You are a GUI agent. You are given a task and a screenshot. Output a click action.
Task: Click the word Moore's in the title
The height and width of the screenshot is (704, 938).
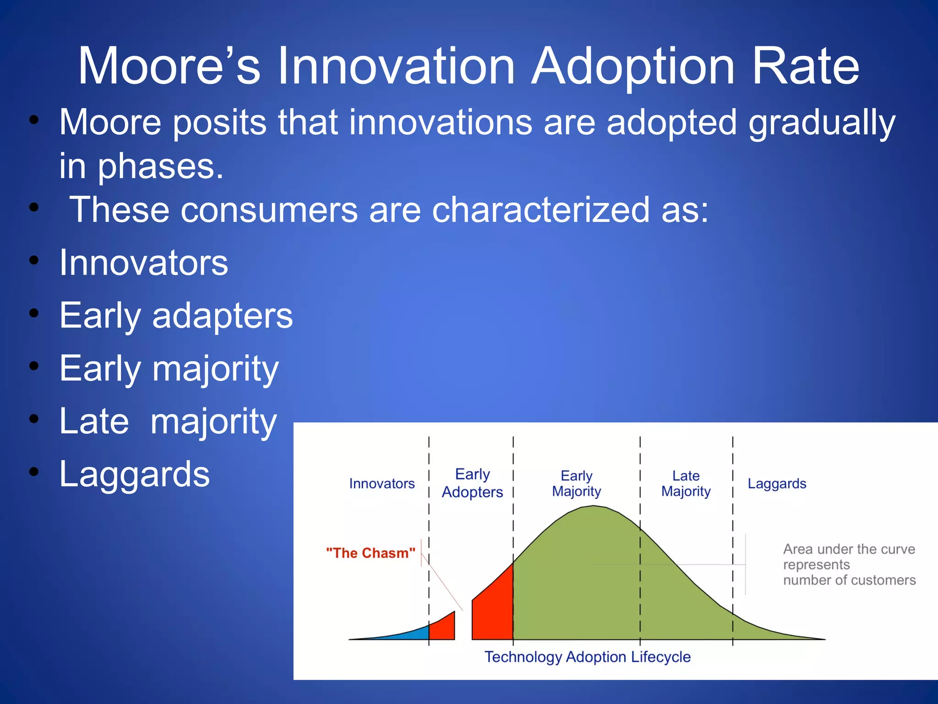[169, 66]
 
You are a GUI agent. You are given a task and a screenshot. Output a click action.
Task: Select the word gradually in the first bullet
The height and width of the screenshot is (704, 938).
[822, 123]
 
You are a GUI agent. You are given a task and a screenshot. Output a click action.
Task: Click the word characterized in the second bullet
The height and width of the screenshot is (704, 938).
[540, 210]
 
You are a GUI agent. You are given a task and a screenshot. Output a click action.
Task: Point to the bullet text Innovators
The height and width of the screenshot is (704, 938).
[143, 263]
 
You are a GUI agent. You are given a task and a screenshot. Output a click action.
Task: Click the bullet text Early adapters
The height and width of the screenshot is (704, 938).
[176, 316]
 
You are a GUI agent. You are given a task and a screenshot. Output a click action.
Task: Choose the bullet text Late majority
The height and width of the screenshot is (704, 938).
[168, 421]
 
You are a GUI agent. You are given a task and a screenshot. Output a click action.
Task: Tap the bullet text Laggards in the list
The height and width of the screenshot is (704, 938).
[134, 474]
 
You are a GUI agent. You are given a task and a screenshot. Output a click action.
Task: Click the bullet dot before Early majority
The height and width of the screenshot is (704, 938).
[34, 366]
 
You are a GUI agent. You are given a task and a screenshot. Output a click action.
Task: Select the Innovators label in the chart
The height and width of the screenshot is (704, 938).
[382, 484]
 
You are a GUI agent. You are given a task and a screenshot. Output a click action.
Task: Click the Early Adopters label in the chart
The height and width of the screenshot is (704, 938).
[472, 483]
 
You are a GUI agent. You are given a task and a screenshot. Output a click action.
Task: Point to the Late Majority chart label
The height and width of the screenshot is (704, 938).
[686, 484]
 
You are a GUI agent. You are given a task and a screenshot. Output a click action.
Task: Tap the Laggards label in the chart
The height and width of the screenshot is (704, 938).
[777, 484]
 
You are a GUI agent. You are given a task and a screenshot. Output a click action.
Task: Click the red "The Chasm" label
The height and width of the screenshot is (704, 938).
[371, 553]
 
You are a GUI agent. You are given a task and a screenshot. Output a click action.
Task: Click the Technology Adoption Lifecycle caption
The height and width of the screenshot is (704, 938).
[587, 657]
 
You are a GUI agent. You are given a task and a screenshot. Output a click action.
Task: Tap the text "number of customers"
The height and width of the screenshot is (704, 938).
[849, 580]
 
